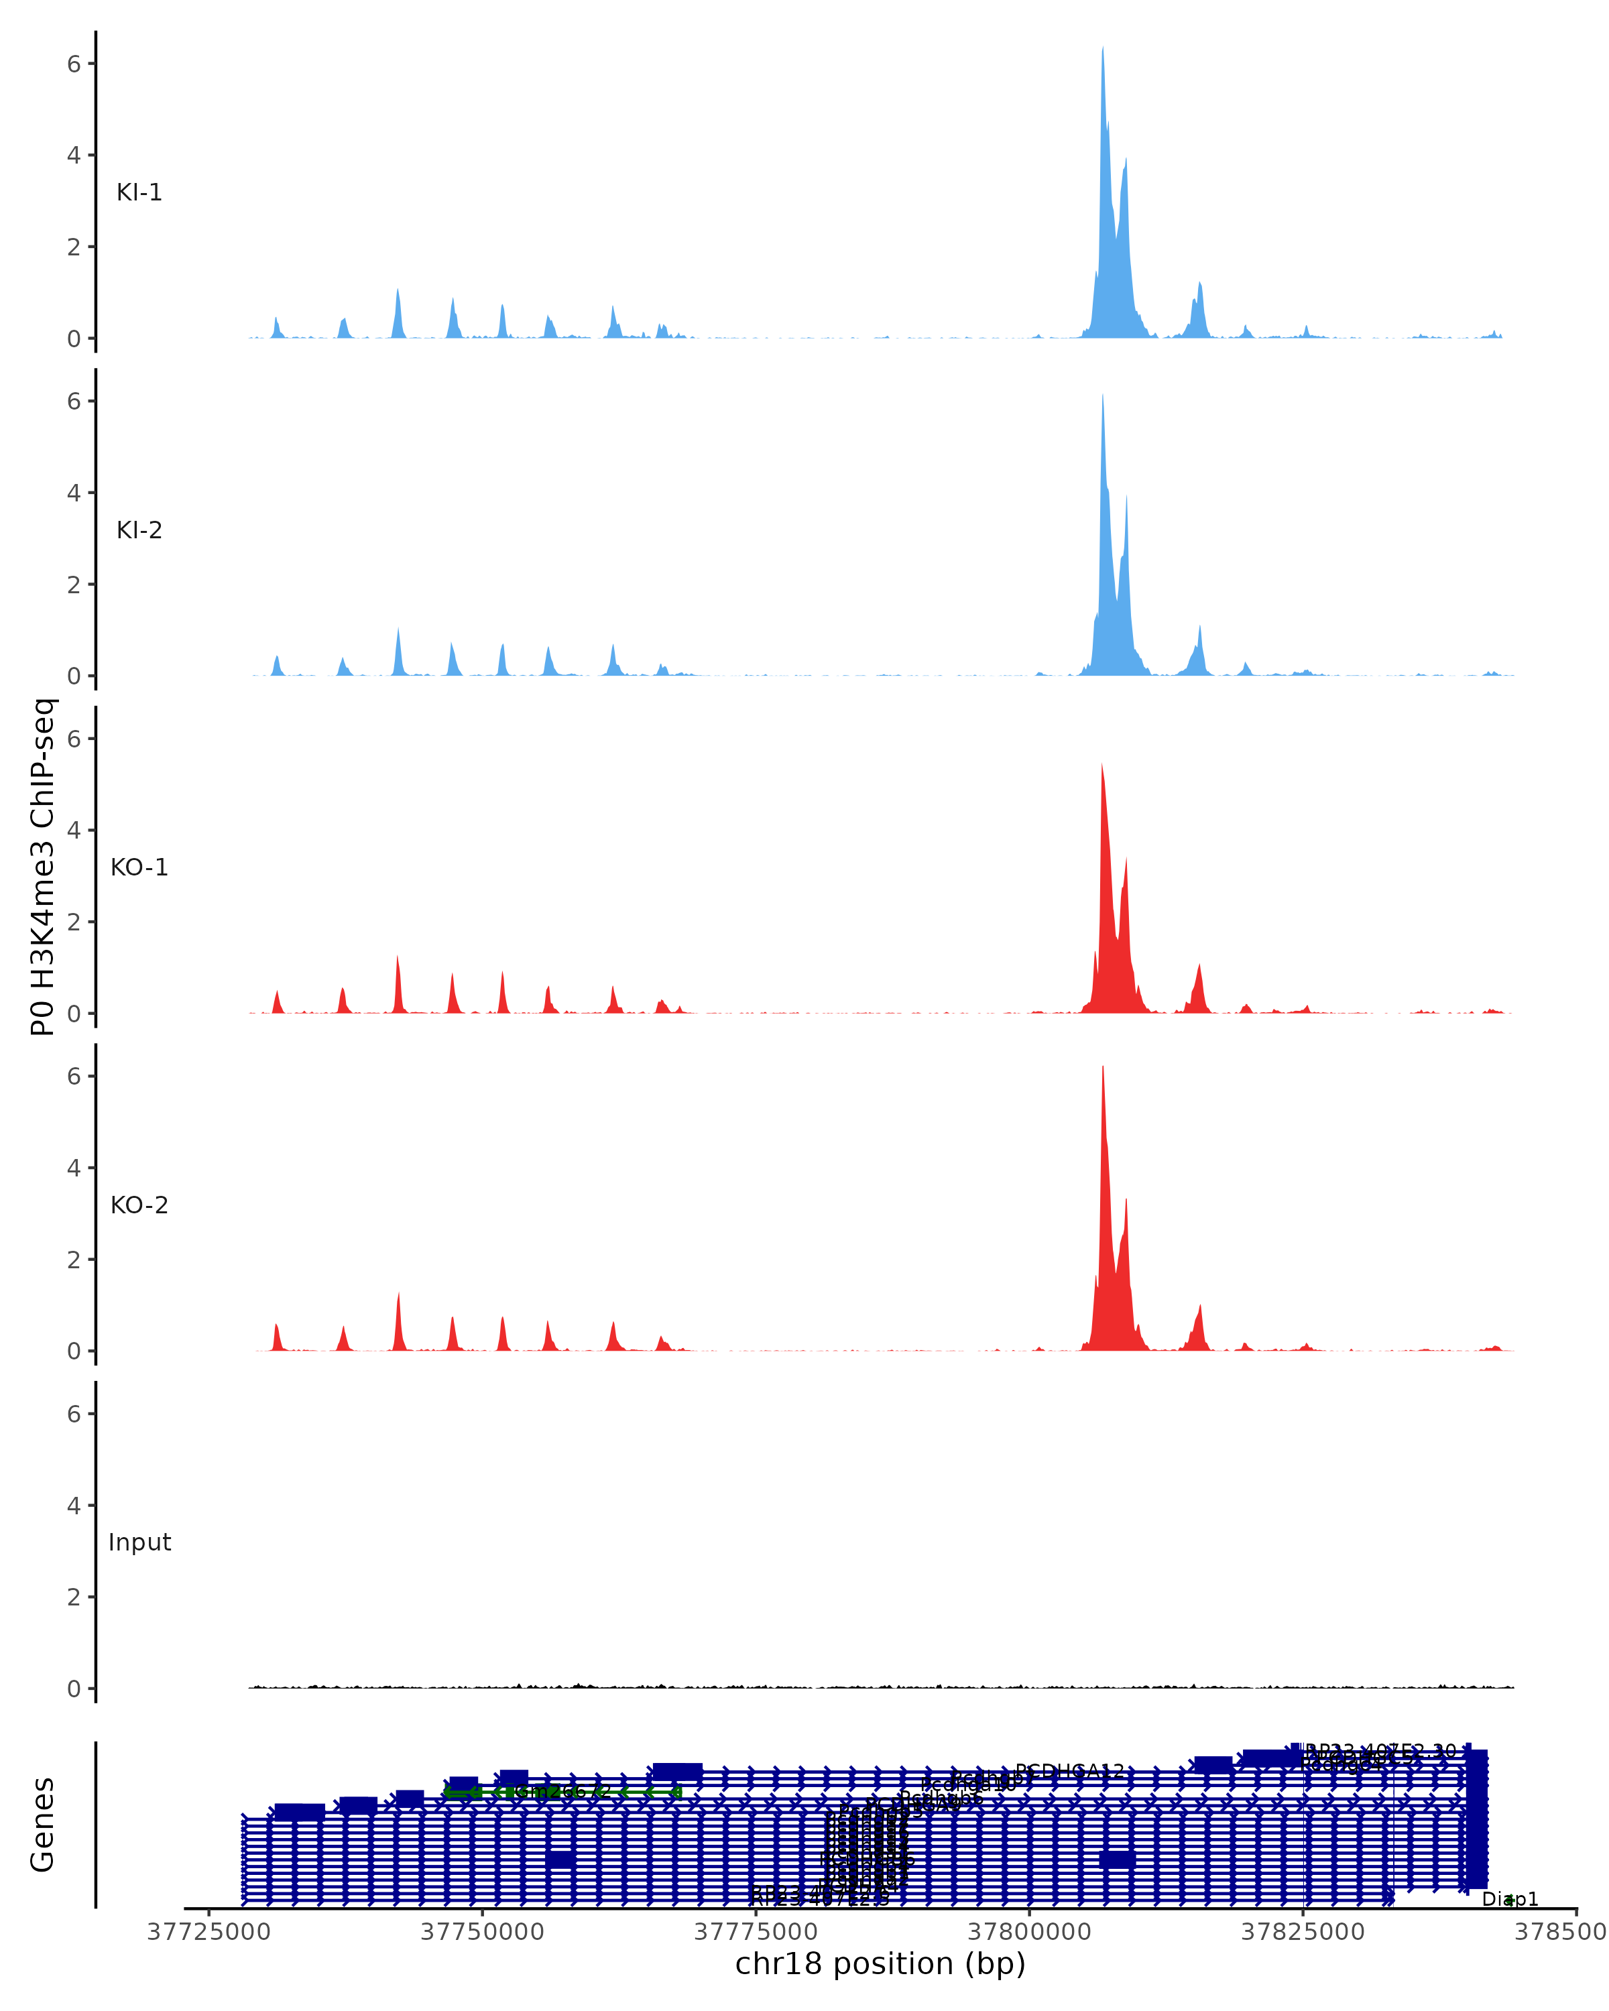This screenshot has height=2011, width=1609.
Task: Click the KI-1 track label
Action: point(139,192)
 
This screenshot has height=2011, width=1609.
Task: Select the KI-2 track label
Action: point(139,530)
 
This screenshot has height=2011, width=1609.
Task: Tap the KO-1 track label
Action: point(139,867)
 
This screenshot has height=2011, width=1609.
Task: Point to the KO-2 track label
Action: point(139,1205)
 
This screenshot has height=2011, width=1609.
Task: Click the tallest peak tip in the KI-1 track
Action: point(1103,48)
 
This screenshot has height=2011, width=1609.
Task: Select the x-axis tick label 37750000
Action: point(482,1932)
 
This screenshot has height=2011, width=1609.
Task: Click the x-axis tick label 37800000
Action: point(1030,1932)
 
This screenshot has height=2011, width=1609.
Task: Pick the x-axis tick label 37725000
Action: point(209,1932)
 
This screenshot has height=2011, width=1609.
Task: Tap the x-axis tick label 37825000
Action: point(1303,1932)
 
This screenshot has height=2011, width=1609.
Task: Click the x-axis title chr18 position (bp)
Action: point(880,1964)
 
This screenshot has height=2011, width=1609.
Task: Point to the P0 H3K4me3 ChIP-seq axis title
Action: point(43,867)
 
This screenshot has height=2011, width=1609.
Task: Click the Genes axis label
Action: point(43,1825)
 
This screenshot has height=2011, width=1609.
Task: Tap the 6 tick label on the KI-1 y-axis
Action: point(74,64)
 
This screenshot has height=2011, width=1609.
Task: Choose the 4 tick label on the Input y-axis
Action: point(74,1506)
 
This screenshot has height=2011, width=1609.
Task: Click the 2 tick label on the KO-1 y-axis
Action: point(74,922)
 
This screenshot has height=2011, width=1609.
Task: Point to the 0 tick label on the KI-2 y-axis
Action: point(74,676)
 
